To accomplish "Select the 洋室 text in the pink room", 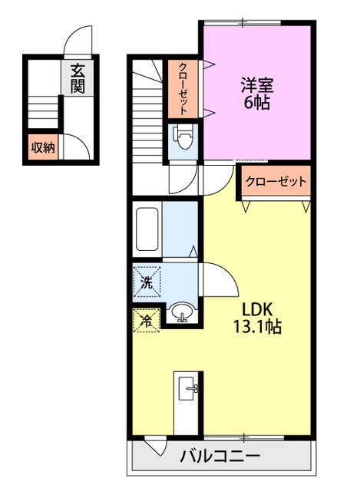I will (257, 85).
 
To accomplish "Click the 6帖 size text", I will (257, 104).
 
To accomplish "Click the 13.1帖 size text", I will (257, 327).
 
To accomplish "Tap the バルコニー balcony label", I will (220, 456).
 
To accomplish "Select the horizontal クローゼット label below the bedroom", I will (276, 182).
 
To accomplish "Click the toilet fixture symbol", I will (183, 139).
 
